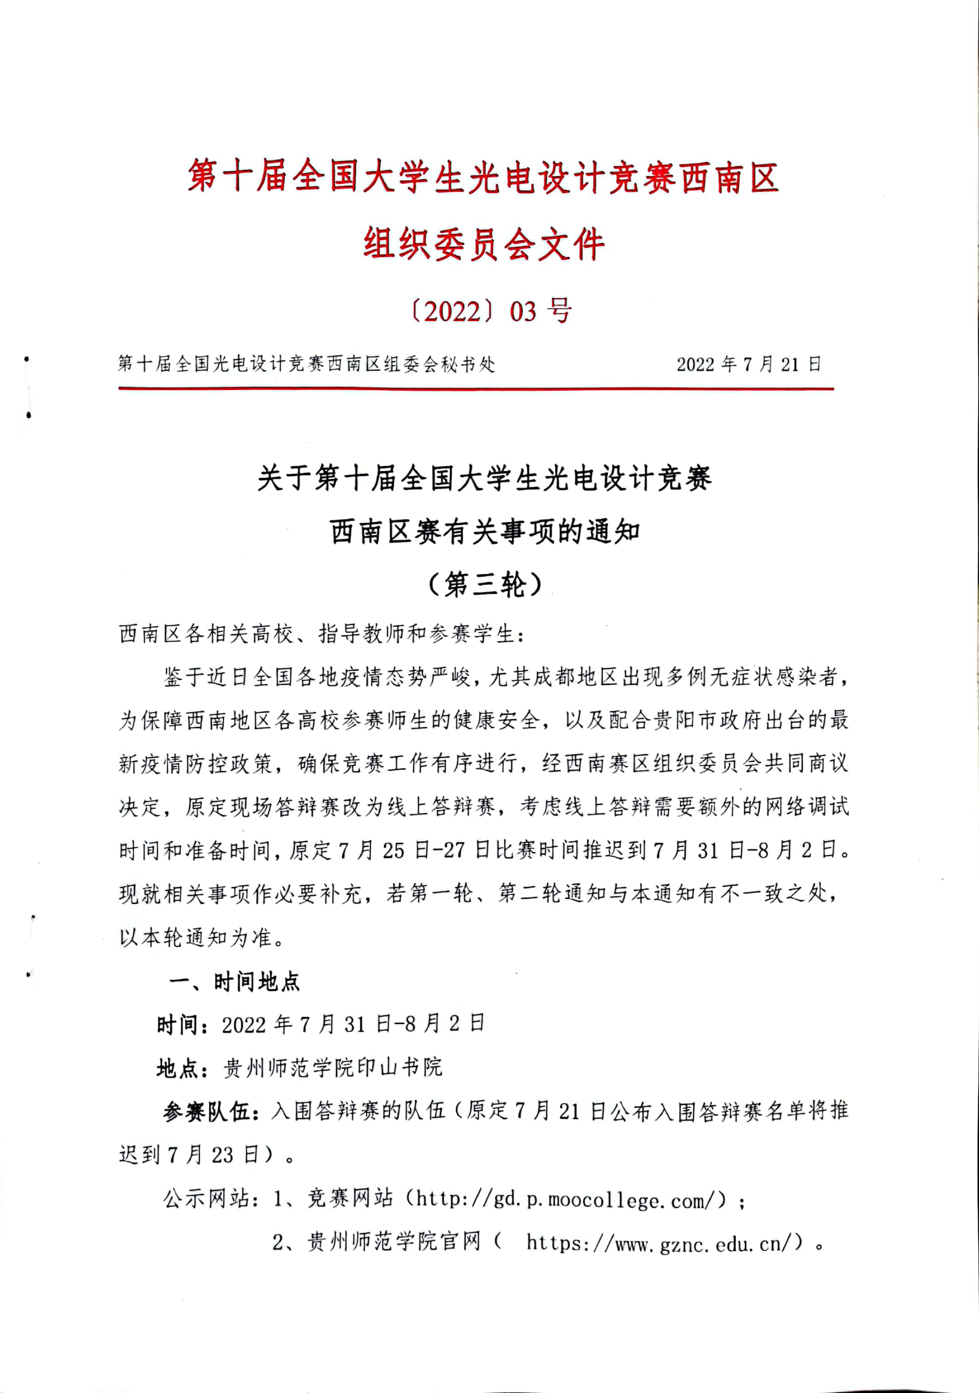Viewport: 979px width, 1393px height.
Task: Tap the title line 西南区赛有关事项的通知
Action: (x=485, y=532)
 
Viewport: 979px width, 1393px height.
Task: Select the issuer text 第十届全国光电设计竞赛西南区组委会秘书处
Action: (x=307, y=364)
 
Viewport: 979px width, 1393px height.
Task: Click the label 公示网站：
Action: (x=206, y=1199)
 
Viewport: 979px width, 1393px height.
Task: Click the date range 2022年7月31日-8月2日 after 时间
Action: (x=353, y=1025)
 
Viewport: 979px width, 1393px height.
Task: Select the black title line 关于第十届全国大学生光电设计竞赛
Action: (x=484, y=479)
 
